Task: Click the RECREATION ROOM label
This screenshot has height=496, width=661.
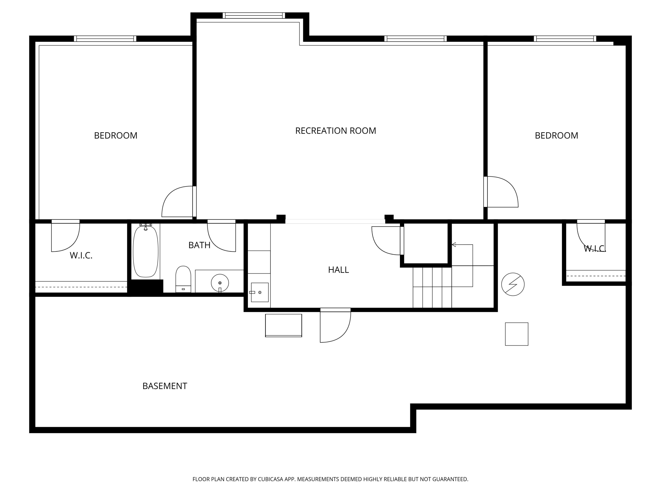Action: (x=336, y=131)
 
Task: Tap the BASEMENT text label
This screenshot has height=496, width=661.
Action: (x=165, y=386)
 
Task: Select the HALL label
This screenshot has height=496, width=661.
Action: (x=339, y=270)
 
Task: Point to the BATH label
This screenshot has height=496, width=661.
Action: (x=199, y=245)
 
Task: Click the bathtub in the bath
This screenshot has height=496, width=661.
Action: (x=145, y=252)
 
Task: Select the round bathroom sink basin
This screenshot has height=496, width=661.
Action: (x=220, y=283)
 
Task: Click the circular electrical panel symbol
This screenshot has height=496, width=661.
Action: (x=513, y=284)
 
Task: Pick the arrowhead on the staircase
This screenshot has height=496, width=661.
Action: (x=454, y=244)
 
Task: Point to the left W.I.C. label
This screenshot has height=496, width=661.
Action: (x=81, y=255)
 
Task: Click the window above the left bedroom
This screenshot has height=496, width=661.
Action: (x=105, y=39)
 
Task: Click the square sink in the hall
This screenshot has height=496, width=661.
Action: (x=260, y=292)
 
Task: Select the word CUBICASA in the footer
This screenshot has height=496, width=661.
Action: (x=270, y=479)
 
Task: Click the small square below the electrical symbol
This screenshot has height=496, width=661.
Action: (x=517, y=334)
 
